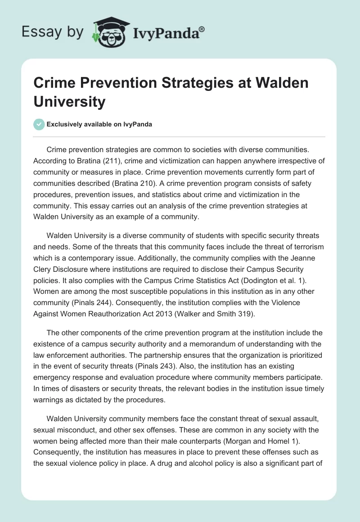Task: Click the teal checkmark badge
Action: tap(40, 124)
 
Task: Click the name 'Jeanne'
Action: tap(310, 258)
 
